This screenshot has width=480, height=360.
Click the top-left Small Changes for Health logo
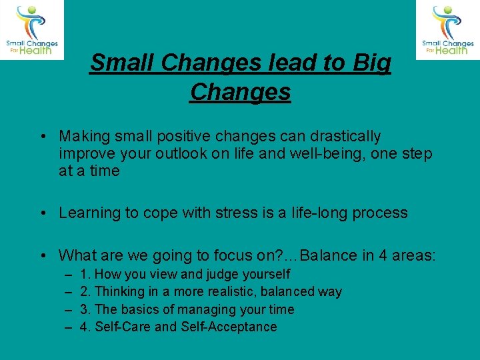(32, 30)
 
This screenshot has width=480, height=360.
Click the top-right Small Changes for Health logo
(447, 30)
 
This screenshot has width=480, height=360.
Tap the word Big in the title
(375, 63)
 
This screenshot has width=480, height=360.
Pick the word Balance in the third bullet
(327, 255)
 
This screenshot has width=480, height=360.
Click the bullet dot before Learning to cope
(42, 213)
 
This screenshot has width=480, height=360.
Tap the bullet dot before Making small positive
(42, 137)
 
